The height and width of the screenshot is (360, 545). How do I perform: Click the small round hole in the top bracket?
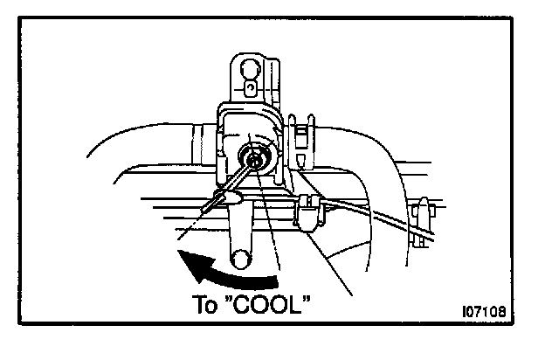pyautogui.click(x=251, y=87)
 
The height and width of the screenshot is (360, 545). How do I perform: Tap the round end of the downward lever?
pyautogui.click(x=242, y=258)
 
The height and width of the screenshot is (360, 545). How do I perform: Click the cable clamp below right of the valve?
pyautogui.click(x=310, y=214)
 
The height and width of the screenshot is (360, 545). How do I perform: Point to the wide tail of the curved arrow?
pyautogui.click(x=266, y=279)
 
